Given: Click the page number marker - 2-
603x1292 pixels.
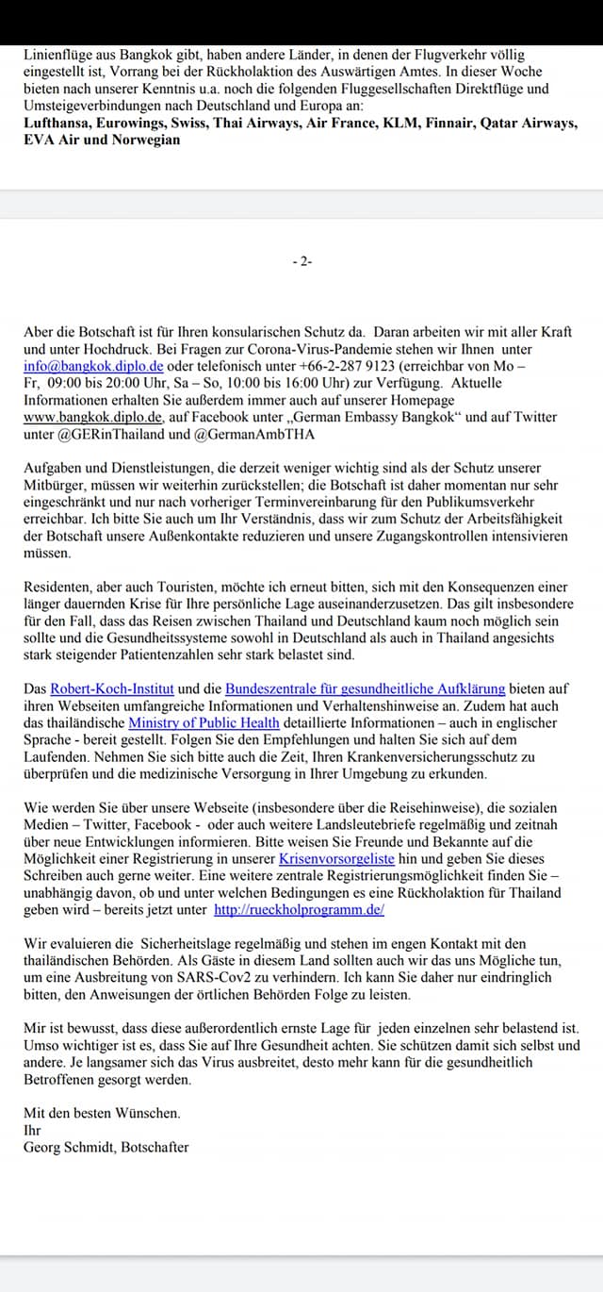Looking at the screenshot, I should (x=301, y=261).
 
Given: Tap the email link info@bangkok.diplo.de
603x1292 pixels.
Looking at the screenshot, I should (x=93, y=366).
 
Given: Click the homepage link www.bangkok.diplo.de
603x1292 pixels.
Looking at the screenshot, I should (x=93, y=417).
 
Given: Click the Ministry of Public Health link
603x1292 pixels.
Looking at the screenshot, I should (x=205, y=722).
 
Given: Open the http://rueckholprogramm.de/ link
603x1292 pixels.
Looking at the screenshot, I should (x=299, y=910).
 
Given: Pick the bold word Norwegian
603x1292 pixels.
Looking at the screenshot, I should (x=142, y=140).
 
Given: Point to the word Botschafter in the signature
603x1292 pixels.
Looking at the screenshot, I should (x=155, y=1147).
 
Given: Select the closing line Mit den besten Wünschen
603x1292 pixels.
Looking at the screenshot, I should (x=102, y=1113).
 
